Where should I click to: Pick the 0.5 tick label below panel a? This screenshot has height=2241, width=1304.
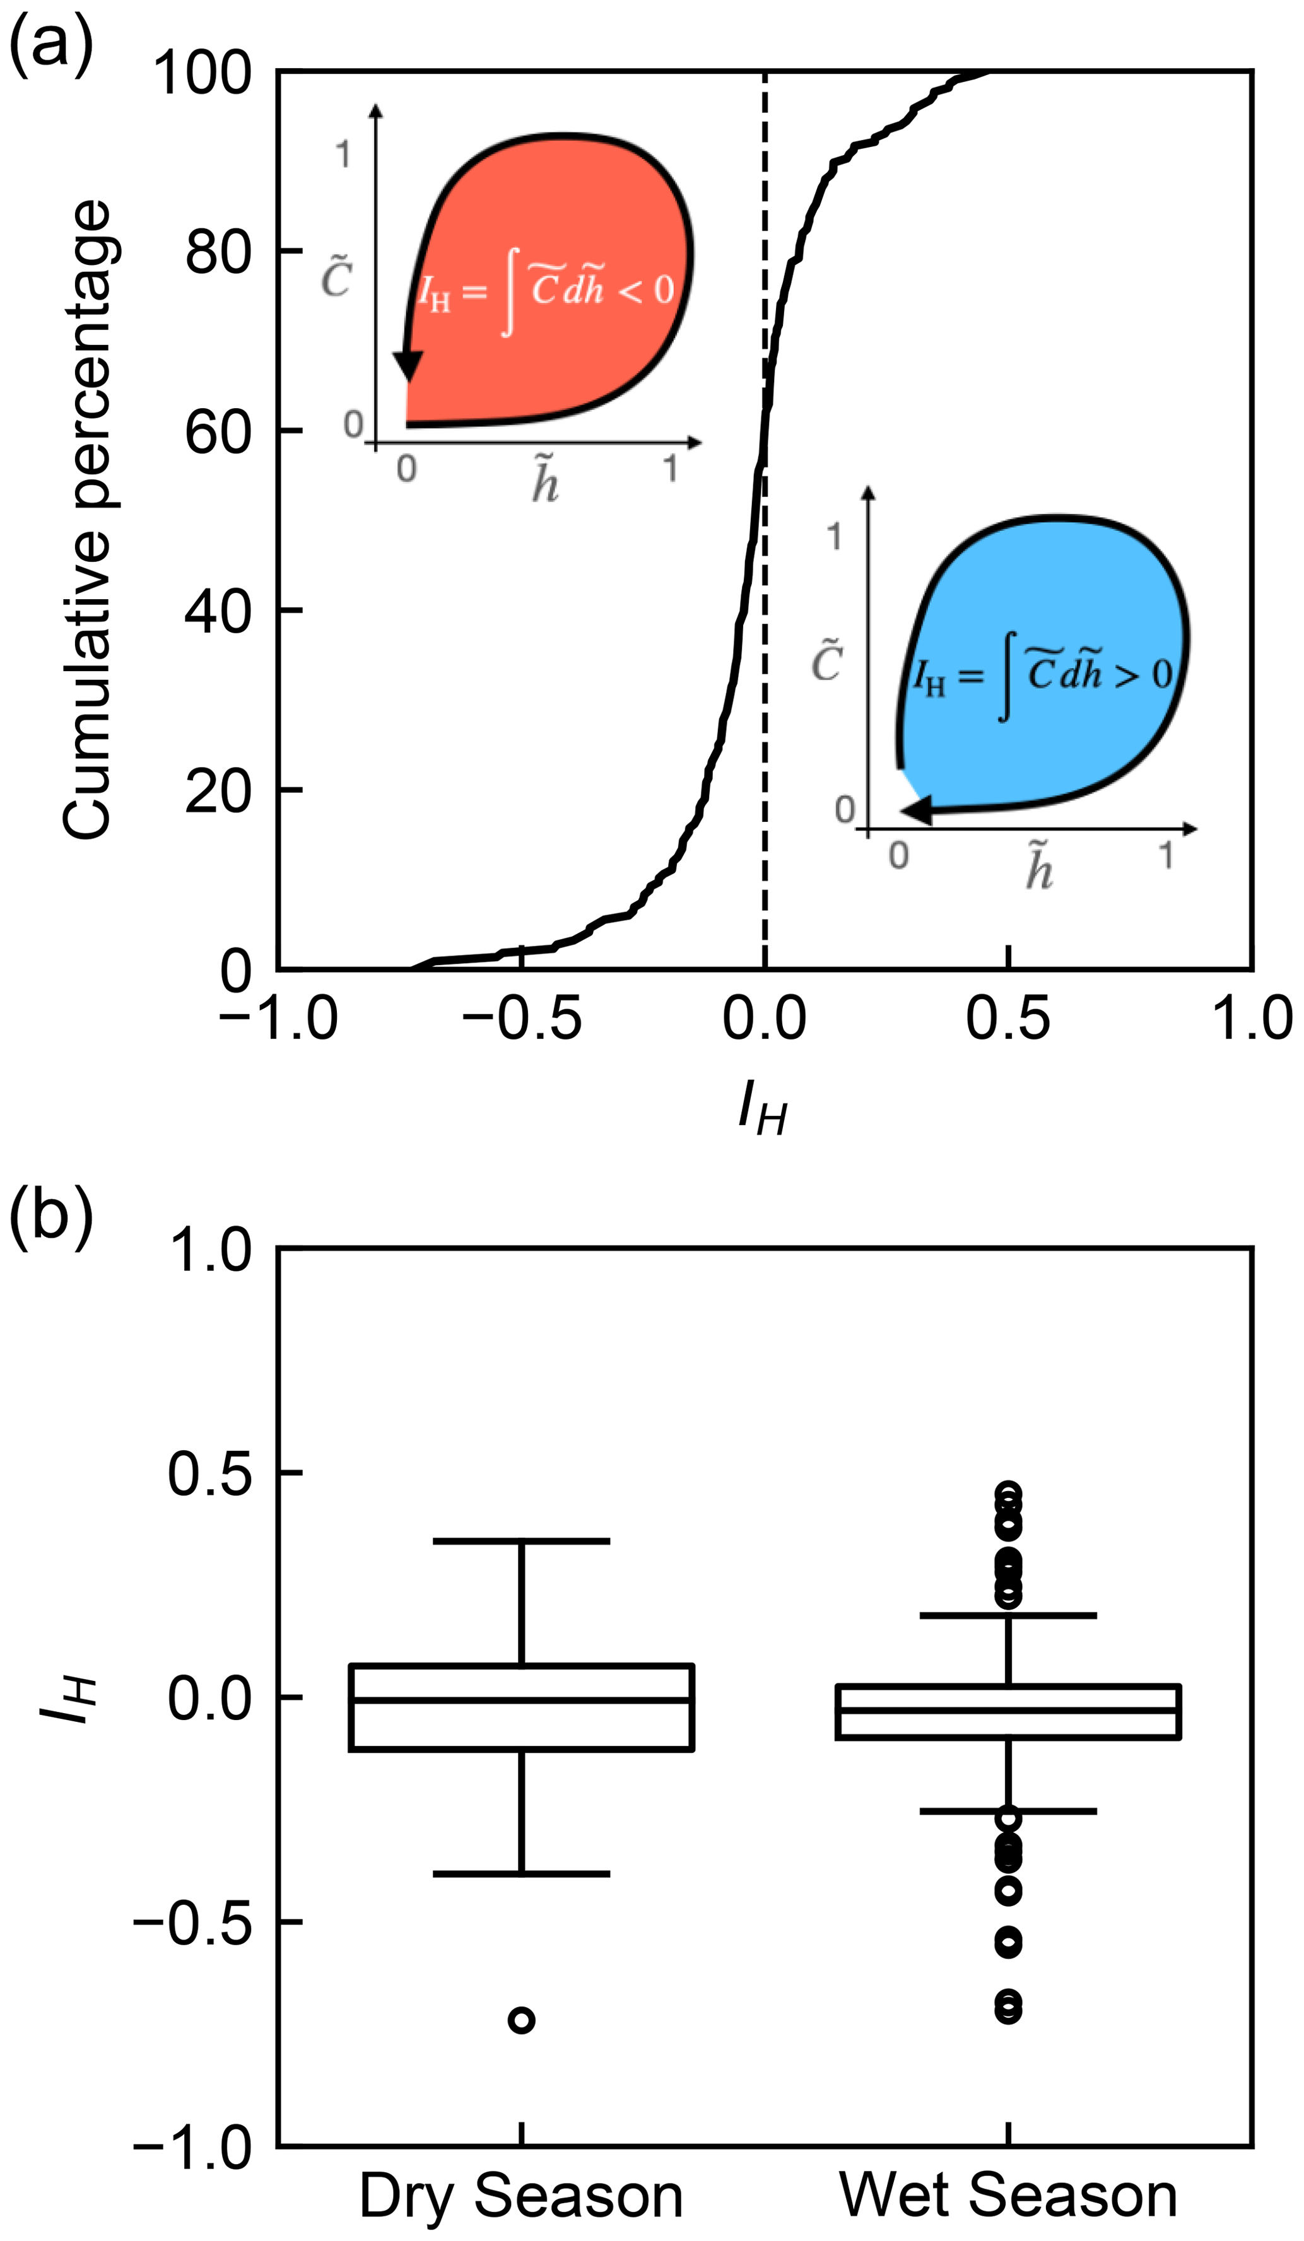1007,1018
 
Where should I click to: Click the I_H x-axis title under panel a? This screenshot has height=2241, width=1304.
763,1111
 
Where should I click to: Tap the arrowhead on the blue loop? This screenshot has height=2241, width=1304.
916,810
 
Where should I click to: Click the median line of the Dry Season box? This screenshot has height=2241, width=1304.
521,1699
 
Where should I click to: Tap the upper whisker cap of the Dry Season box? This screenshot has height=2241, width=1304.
521,1541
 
